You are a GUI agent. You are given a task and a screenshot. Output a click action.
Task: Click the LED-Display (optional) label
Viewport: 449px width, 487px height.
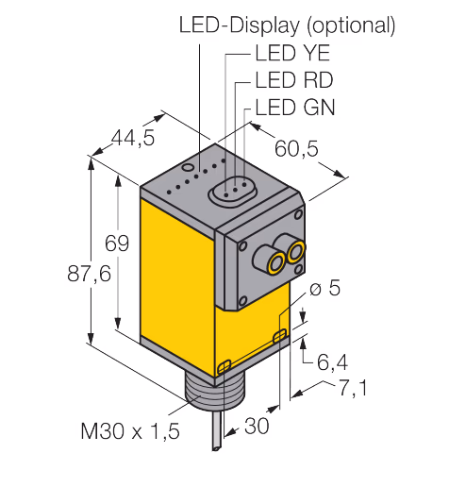pyautogui.click(x=287, y=25)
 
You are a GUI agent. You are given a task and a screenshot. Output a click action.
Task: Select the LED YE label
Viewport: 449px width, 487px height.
pyautogui.click(x=292, y=53)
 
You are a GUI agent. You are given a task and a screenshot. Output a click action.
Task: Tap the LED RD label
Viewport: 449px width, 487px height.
pyautogui.click(x=294, y=80)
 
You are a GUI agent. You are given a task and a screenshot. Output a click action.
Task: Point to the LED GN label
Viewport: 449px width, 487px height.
pyautogui.click(x=295, y=108)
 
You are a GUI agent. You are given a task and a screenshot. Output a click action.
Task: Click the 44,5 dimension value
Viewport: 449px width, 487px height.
pyautogui.click(x=133, y=138)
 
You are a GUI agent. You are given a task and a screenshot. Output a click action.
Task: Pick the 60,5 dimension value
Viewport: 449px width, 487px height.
pyautogui.click(x=296, y=148)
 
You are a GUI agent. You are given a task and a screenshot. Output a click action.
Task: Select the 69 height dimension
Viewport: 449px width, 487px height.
pyautogui.click(x=117, y=243)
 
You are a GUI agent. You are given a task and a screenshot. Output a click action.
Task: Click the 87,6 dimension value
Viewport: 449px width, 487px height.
pyautogui.click(x=89, y=273)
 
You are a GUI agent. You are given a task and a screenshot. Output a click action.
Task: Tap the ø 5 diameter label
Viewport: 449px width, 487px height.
pyautogui.click(x=325, y=287)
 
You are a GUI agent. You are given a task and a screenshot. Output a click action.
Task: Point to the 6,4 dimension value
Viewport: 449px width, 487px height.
pyautogui.click(x=332, y=362)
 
